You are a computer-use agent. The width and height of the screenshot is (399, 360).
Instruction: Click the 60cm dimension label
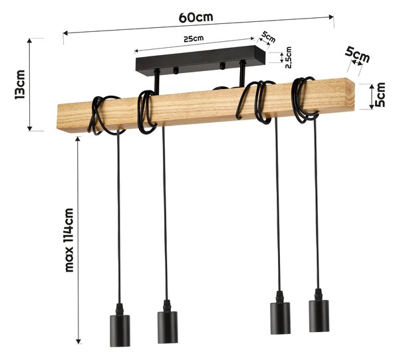coord(196,17)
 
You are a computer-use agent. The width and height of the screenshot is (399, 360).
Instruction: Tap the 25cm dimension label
coord(194,39)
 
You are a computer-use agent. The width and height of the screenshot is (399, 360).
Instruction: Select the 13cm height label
coord(20,84)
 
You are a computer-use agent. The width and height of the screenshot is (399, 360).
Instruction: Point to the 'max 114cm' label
coord(69,240)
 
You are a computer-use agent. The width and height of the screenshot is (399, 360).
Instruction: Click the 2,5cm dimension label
coord(289,58)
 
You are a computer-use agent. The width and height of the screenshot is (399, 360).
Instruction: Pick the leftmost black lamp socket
coord(120,325)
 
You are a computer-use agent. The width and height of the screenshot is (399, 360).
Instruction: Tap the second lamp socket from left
coord(168,321)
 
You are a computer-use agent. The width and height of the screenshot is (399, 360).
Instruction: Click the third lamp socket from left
coord(280,313)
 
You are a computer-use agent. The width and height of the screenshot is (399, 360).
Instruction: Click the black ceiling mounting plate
coord(201,60)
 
